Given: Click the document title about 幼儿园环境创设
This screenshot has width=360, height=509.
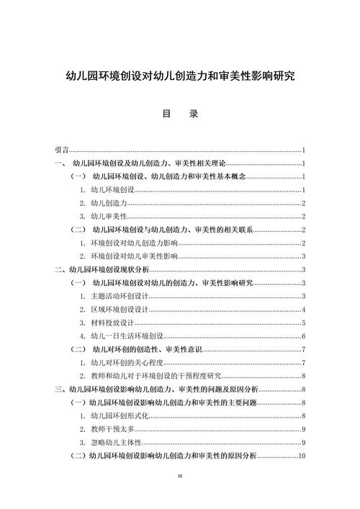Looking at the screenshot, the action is click(x=180, y=75).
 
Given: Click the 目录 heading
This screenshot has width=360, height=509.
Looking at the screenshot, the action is click(x=180, y=114).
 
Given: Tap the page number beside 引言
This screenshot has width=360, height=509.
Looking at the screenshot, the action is click(x=305, y=150).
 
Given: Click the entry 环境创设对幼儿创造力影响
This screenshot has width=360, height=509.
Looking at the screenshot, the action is click(x=134, y=243).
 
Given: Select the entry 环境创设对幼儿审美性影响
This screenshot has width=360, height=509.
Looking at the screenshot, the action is click(x=134, y=256).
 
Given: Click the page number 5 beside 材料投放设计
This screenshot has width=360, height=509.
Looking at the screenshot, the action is click(x=305, y=323).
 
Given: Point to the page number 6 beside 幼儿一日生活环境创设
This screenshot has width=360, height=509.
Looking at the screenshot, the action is click(x=305, y=336).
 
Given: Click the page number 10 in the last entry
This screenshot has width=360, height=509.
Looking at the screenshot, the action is click(x=303, y=456).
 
